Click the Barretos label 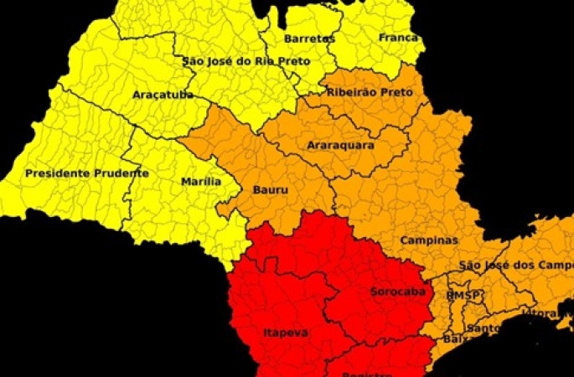[x=309, y=39]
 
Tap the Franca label [x=398, y=38]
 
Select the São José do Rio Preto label [x=246, y=61]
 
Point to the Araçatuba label [x=163, y=95]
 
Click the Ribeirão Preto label [x=370, y=92]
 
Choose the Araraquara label [x=340, y=145]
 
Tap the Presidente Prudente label [x=86, y=173]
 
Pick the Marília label [x=201, y=181]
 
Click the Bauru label [x=270, y=190]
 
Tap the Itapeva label [x=286, y=333]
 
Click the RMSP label [x=463, y=296]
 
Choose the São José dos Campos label [x=515, y=266]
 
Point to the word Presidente [x=57, y=173]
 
